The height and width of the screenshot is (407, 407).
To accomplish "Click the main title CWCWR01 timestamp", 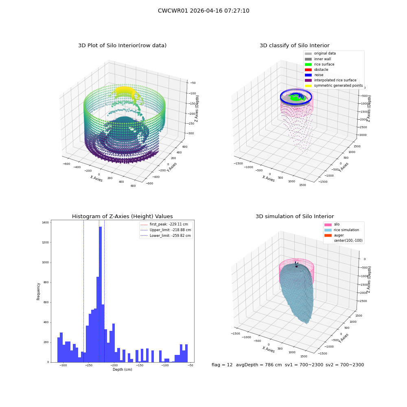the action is (x=203, y=11).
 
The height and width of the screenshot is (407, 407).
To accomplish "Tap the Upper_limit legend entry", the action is (x=166, y=230).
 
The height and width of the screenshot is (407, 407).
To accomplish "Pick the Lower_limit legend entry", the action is (x=166, y=236).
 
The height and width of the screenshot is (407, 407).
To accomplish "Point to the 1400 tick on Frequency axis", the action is (x=45, y=223).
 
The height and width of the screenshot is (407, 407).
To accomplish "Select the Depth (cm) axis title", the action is (x=122, y=370).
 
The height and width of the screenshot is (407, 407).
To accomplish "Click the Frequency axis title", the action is (x=38, y=291).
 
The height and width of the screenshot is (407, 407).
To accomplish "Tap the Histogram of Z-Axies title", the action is (x=122, y=216).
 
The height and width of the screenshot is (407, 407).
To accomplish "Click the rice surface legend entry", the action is (x=319, y=64).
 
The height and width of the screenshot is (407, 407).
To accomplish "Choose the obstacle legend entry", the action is (x=316, y=70).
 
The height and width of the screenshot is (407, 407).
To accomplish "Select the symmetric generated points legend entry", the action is (x=334, y=85).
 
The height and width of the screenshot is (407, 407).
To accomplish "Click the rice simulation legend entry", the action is (x=341, y=230).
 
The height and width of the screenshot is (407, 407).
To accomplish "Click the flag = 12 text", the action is (x=222, y=365).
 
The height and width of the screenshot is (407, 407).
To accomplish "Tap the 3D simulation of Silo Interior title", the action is (x=295, y=216).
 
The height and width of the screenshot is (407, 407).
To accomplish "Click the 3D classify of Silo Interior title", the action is (x=295, y=46).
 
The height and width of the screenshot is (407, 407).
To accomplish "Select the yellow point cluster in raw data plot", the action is (x=125, y=92).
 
